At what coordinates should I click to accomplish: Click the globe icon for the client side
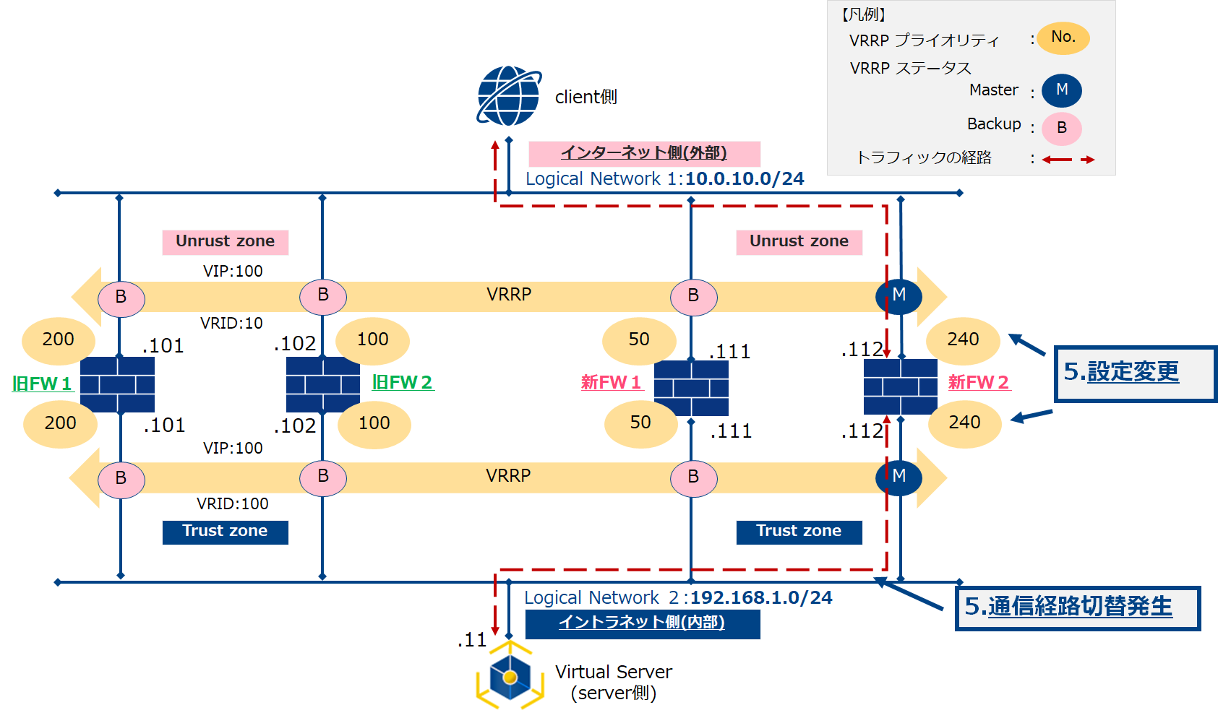[509, 96]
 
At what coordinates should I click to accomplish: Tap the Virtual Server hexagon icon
[510, 677]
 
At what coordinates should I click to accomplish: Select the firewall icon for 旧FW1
[117, 384]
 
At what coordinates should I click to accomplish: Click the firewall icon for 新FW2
[900, 386]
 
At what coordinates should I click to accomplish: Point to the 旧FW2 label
[402, 382]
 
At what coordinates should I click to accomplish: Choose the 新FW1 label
[611, 382]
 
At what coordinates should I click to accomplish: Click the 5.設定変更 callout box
[1134, 373]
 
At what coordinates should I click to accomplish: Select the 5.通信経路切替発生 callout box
[1076, 607]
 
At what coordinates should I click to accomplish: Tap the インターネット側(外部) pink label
[644, 153]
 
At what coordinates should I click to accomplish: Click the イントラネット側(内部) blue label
[642, 623]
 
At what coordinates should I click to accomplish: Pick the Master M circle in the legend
[1061, 90]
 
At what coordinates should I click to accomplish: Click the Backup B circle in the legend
[1061, 129]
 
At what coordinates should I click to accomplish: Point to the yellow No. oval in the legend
[1063, 38]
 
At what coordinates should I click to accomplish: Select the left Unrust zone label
[225, 242]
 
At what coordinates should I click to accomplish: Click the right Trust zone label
[799, 532]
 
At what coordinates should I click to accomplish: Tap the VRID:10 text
[231, 324]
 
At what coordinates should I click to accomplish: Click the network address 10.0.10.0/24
[745, 179]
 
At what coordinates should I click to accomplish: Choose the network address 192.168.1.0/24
[760, 598]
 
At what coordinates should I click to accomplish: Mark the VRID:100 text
[232, 504]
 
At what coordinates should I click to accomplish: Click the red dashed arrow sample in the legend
[1068, 160]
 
